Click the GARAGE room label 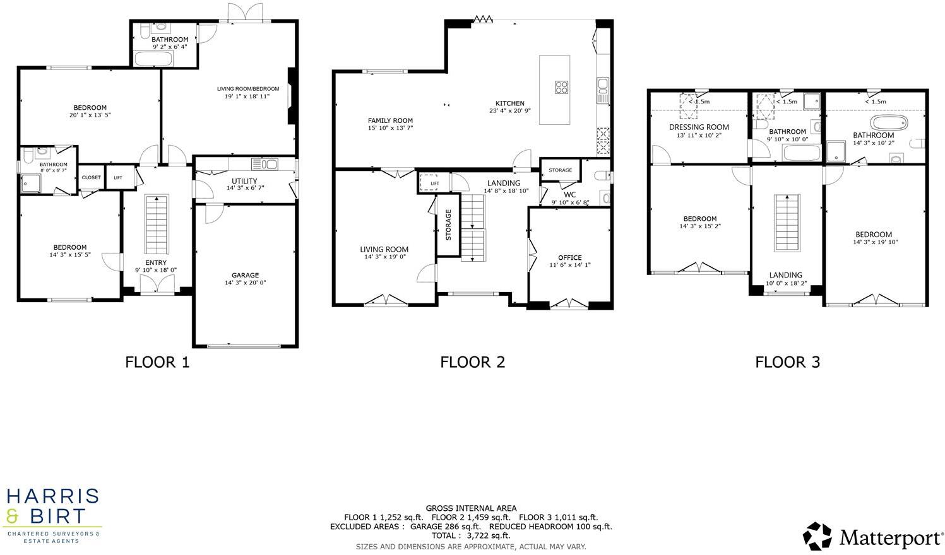[245, 275]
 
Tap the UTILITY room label [244, 181]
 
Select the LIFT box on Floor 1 [118, 178]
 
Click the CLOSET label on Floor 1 [91, 178]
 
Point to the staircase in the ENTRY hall [157, 225]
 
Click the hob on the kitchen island [561, 87]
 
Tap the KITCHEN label [509, 103]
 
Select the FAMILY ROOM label [390, 120]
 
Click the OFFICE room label [569, 257]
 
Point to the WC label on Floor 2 [569, 195]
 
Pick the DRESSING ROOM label [699, 127]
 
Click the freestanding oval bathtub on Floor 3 [889, 122]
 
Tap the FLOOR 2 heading [472, 362]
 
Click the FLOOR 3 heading [787, 362]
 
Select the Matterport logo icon [817, 536]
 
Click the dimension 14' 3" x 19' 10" [875, 242]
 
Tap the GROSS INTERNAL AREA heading [471, 508]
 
